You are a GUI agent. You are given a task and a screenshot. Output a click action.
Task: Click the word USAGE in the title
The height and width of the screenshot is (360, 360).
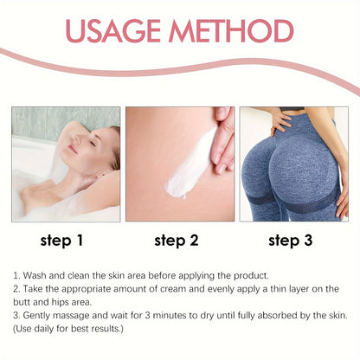point(112,31)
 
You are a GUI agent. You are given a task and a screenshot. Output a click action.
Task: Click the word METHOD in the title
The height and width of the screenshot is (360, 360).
point(232,31)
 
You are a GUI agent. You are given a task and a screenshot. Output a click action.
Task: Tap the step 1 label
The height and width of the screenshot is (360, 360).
point(61,241)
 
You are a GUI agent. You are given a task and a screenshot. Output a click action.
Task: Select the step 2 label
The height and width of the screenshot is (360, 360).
point(177,241)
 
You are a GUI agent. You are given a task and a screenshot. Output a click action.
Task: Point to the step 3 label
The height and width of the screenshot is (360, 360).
point(291,241)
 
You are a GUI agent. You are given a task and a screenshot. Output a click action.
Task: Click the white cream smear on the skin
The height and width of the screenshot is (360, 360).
point(190,164)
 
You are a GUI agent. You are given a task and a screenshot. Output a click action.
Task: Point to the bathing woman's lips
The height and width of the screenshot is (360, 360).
point(73,149)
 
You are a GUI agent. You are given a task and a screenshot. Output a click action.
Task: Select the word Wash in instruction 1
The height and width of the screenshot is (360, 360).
point(35,275)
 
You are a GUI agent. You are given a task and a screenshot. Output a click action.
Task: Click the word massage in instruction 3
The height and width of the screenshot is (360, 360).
point(71,316)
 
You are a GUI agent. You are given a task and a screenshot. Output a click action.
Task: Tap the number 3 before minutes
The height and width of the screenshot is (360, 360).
point(148,315)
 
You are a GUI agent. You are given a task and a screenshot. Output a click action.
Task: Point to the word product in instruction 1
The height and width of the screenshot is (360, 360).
point(251,276)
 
